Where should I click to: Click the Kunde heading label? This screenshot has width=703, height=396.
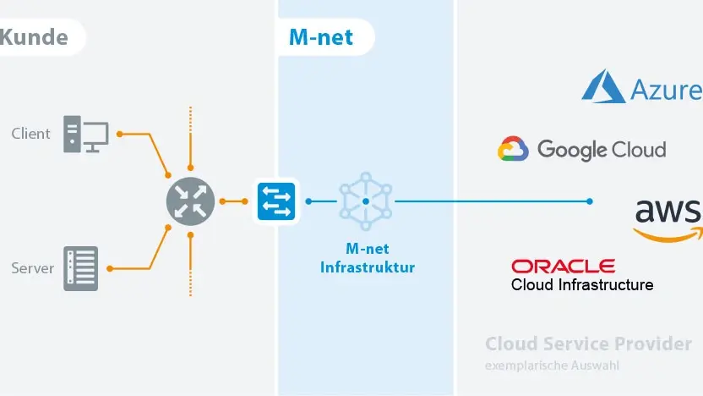pos(34,37)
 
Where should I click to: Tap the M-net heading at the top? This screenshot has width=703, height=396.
pos(321,37)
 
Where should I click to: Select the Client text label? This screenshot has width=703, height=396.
pos(30,134)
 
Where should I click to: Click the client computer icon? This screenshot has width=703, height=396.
pos(85,135)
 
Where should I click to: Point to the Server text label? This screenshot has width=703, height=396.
pos(32,268)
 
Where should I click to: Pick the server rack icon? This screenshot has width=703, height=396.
pos(81,268)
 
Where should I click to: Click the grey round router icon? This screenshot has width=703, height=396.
pos(191,201)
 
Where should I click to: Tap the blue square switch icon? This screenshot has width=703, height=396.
pos(276,201)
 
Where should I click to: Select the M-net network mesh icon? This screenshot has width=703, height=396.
pos(366,201)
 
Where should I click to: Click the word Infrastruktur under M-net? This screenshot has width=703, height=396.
pos(368,267)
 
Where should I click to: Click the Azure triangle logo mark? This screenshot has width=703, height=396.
pos(603,86)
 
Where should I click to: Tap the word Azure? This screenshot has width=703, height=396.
pos(666,90)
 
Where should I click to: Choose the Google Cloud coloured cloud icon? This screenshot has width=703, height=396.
pos(513,149)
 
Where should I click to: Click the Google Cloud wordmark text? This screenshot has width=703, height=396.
pos(602,150)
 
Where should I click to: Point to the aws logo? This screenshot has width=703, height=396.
pos(668,221)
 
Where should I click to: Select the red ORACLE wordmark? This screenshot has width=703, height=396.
pos(563,267)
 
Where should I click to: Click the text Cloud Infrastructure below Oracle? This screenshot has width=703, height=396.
pos(582,284)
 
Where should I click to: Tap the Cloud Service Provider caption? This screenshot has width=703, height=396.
pos(588,344)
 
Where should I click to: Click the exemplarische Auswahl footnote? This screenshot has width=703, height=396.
pos(552,366)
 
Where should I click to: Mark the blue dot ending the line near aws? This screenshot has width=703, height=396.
pos(590,201)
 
